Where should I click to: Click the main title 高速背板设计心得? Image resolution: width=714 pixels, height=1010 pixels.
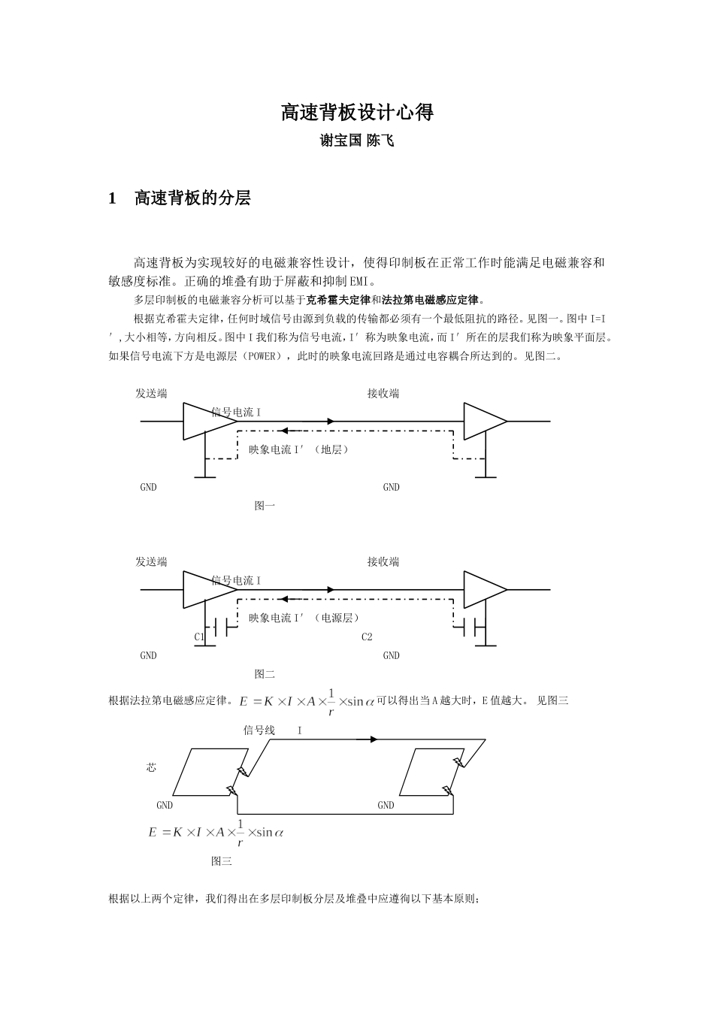click(357, 113)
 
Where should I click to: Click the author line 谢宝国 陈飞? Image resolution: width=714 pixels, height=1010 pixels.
click(357, 141)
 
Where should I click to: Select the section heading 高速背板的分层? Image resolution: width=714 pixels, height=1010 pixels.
click(192, 198)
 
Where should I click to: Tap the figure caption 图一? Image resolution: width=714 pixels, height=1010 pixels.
click(265, 506)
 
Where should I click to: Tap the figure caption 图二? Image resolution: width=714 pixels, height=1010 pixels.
click(265, 674)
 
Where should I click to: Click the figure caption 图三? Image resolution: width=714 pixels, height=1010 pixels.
click(222, 861)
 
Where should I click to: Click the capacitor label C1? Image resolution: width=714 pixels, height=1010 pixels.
click(199, 637)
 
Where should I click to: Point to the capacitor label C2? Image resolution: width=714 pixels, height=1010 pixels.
click(367, 637)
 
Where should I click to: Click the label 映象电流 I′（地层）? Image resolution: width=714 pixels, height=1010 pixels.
click(300, 449)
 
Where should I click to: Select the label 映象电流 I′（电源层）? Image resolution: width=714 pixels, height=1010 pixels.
click(305, 618)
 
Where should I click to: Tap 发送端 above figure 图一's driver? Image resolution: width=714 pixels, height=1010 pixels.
click(151, 393)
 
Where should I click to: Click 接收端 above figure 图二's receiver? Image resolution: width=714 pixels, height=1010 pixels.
click(383, 561)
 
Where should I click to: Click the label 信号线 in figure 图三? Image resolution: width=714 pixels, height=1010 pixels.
click(259, 730)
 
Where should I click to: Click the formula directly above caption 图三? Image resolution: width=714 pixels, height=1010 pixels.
click(216, 832)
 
